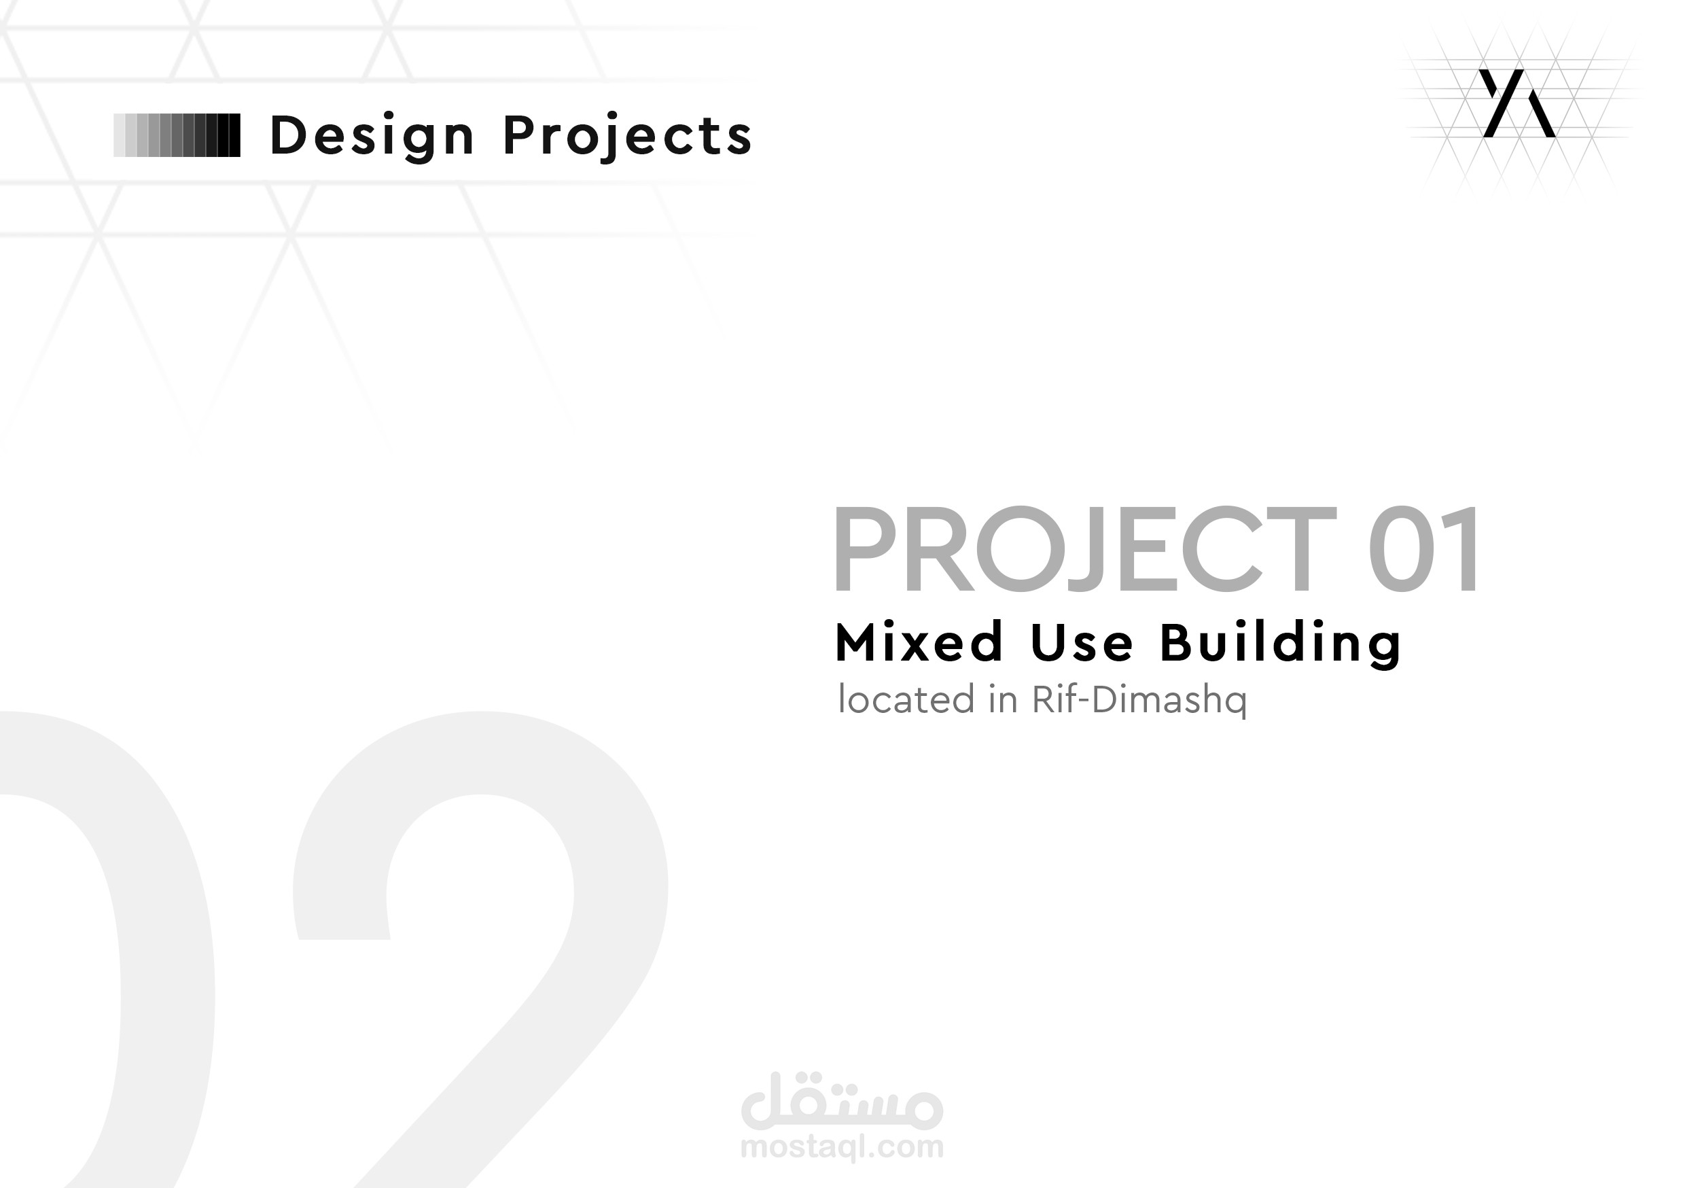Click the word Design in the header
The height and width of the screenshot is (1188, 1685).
[372, 137]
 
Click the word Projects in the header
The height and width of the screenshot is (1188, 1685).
[628, 137]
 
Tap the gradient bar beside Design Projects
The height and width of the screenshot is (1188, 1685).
[177, 135]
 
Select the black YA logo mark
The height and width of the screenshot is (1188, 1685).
[1517, 103]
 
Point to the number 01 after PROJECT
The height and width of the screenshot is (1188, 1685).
[1423, 550]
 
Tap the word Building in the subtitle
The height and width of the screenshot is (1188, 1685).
[1281, 642]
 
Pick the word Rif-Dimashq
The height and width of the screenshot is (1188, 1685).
[1139, 701]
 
